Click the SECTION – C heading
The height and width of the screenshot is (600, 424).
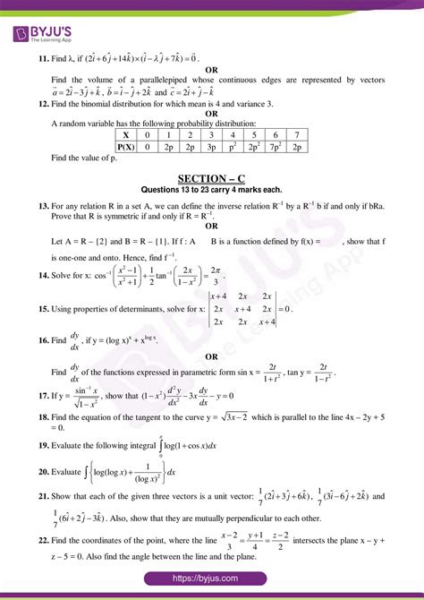click(x=211, y=178)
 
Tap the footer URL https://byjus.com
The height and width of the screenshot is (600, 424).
click(x=212, y=580)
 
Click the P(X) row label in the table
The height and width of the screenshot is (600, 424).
click(x=126, y=145)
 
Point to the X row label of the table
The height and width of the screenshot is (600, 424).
click(x=126, y=133)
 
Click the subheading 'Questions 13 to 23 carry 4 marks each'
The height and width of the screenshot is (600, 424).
click(x=212, y=190)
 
